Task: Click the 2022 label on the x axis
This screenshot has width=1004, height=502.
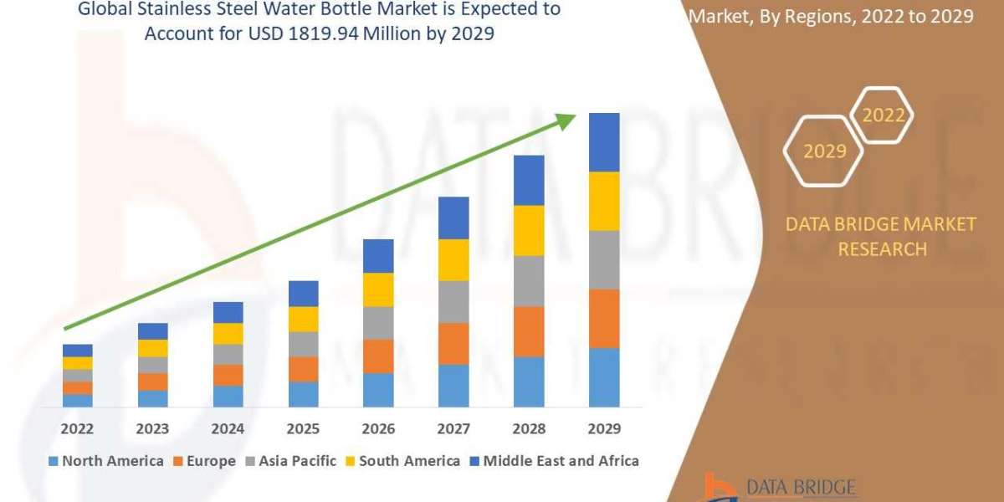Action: (77, 429)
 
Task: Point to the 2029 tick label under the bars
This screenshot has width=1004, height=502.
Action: (604, 429)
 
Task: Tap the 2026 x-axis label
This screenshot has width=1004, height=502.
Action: (378, 429)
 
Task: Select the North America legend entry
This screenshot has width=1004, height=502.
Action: (106, 461)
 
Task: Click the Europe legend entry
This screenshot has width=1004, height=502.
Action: (205, 461)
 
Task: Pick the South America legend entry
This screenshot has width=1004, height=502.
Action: (403, 461)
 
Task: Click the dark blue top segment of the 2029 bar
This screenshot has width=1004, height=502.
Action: (604, 142)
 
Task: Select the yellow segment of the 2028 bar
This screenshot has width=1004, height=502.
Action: (529, 230)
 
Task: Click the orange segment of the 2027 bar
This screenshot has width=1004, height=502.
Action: (453, 343)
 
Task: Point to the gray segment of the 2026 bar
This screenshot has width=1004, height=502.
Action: (378, 322)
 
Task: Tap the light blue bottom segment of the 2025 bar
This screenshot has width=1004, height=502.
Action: (303, 394)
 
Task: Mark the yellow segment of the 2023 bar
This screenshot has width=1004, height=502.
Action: (152, 348)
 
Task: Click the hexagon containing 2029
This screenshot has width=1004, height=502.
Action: (824, 151)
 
